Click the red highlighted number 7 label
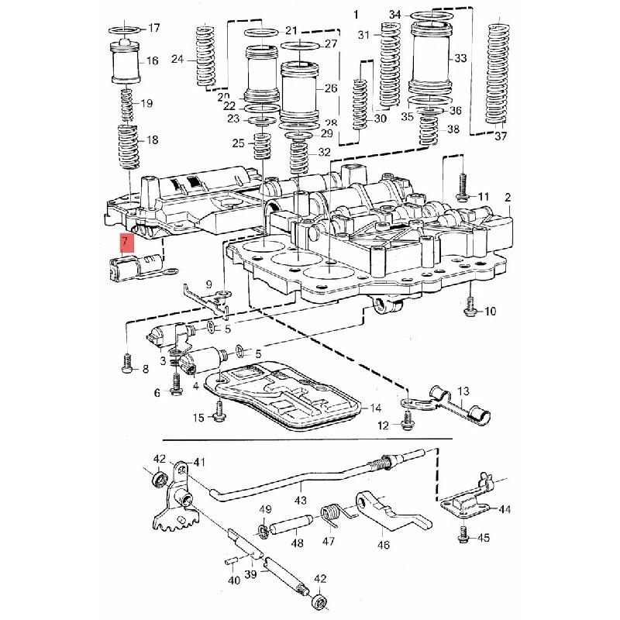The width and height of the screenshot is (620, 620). tap(127, 243)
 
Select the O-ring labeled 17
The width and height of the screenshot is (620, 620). tap(124, 29)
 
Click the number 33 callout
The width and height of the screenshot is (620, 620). tap(460, 58)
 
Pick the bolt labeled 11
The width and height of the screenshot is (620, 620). tap(462, 186)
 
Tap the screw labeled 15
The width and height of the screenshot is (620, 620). tap(219, 412)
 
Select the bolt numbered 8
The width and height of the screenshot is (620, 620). tap(126, 363)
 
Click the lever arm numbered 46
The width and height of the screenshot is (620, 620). tap(391, 511)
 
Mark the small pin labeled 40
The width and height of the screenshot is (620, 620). tap(230, 561)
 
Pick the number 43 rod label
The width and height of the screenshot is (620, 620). tap(301, 500)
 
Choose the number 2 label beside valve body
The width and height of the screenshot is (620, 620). tap(508, 198)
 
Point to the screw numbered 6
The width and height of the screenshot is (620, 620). tap(176, 384)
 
